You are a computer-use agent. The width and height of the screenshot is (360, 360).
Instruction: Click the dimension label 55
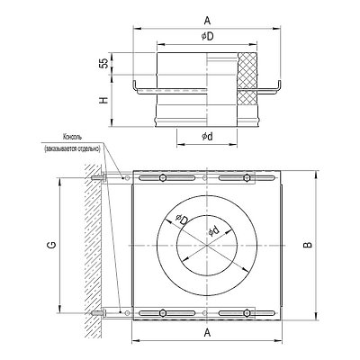coord(103,63)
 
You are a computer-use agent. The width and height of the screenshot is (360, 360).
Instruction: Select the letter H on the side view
coord(103,100)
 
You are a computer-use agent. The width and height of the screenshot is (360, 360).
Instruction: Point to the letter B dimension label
coord(308,245)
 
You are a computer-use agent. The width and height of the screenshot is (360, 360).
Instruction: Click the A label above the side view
coord(207,21)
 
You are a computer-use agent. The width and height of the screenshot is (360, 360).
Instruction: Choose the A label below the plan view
coord(207,332)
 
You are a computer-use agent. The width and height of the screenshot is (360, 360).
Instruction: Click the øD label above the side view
coord(207,37)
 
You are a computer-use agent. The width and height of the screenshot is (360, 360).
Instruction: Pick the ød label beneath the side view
coord(207,137)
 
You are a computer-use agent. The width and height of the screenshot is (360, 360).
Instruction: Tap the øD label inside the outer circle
coord(182,220)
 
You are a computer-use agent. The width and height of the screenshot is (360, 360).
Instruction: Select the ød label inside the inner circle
coord(214,231)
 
